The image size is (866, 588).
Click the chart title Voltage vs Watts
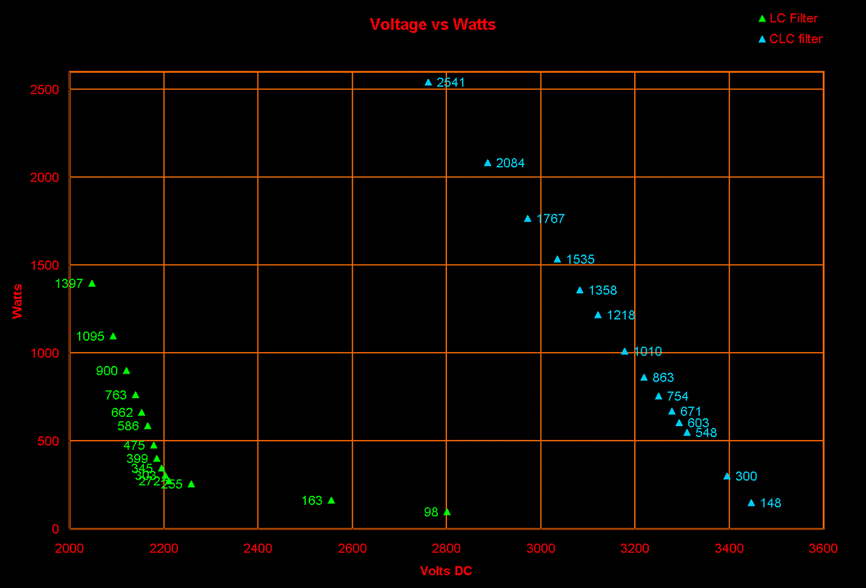(432, 24)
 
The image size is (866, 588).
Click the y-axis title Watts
(17, 300)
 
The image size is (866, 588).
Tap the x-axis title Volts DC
(446, 571)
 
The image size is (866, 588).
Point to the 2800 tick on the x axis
(446, 549)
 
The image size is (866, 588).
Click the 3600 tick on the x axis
(823, 549)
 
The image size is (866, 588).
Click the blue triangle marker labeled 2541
(428, 82)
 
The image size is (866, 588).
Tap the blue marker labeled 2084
(487, 163)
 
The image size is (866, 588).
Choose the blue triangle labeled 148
(751, 503)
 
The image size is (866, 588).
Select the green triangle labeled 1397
(91, 284)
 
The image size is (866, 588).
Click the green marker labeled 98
(447, 512)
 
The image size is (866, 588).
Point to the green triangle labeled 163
(331, 500)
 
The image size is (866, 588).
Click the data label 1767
(550, 219)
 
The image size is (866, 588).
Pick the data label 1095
(90, 337)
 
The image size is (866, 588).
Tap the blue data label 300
(746, 476)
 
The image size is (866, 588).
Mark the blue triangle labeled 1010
(624, 351)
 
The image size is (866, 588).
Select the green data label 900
(107, 371)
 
